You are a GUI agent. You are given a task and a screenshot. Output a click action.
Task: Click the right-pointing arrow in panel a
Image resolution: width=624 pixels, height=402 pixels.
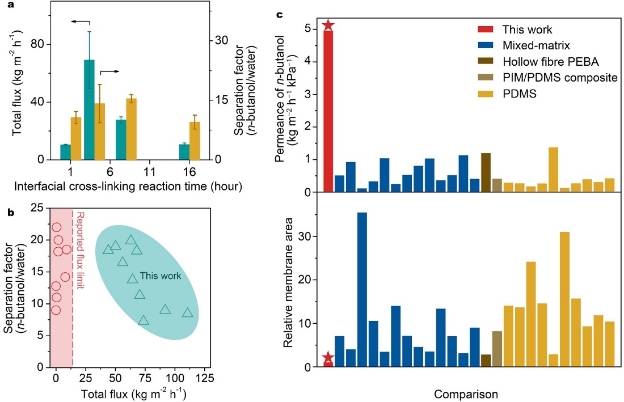(x=110, y=71)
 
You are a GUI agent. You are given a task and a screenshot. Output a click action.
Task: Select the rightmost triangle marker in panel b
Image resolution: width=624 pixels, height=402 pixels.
(x=187, y=313)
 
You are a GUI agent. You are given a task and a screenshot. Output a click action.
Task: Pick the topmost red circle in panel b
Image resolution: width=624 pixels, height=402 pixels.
(x=56, y=227)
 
